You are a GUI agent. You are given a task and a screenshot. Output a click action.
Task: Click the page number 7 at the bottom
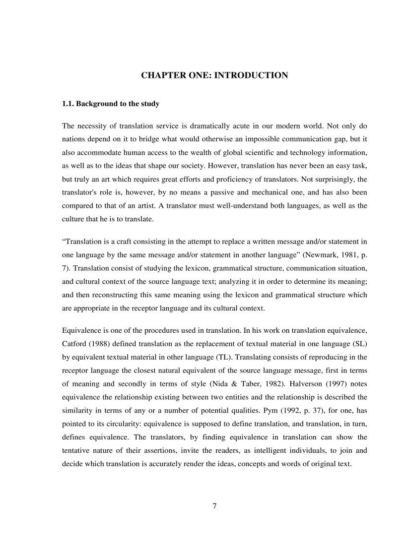coord(214,506)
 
